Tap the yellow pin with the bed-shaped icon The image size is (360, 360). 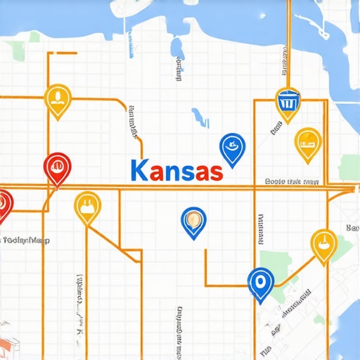(307, 141)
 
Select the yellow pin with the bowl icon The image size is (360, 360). (323, 244)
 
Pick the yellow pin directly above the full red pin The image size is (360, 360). (57, 98)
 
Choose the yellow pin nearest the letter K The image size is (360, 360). (87, 206)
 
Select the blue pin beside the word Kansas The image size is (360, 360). (232, 148)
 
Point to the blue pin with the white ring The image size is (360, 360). (260, 283)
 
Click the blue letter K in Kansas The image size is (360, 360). (139, 171)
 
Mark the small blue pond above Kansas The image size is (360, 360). (200, 118)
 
